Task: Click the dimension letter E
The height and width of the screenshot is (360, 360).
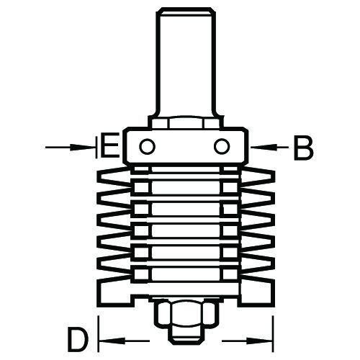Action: click(109, 147)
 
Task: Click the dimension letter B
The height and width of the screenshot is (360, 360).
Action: click(304, 147)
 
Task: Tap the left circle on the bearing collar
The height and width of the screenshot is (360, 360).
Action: click(147, 146)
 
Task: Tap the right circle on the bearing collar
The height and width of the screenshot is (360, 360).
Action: click(222, 146)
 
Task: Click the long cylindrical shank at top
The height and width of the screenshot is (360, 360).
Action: click(186, 63)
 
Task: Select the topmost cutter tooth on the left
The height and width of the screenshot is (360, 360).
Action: click(114, 177)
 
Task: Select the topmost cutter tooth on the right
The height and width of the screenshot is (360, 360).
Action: click(258, 177)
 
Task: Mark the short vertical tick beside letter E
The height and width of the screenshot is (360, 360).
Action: click(96, 147)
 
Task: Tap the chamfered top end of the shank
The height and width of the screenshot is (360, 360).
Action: click(186, 10)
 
